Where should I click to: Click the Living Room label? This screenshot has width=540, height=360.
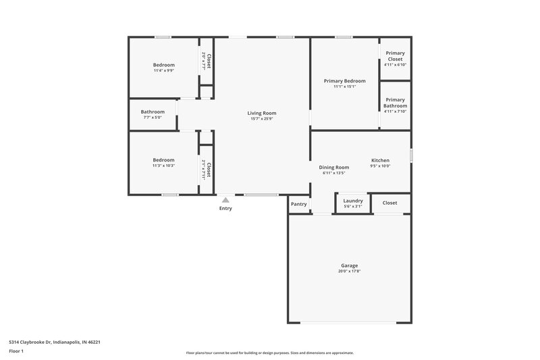point(261,113)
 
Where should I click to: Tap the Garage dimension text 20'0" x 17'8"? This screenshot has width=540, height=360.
point(348,271)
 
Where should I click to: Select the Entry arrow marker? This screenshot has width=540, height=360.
point(225,200)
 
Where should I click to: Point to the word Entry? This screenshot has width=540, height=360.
point(225,208)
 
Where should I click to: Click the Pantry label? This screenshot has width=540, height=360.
point(298,204)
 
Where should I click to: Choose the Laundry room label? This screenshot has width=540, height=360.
point(353,201)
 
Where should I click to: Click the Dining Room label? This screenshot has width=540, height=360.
point(333,167)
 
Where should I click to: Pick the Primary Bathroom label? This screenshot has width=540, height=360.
point(395,103)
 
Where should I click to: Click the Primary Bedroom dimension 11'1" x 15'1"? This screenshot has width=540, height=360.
point(344,86)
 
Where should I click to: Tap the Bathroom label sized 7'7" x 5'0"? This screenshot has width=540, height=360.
point(153,111)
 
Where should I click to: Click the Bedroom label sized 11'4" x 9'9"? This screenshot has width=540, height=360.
point(163,65)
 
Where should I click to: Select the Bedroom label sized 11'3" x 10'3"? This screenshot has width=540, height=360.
point(163,160)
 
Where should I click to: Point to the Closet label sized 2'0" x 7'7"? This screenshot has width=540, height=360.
point(209,61)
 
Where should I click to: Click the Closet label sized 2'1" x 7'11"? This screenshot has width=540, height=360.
point(209,169)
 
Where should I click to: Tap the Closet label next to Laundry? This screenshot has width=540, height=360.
point(389,203)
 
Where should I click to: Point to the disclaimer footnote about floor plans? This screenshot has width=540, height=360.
point(269,353)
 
